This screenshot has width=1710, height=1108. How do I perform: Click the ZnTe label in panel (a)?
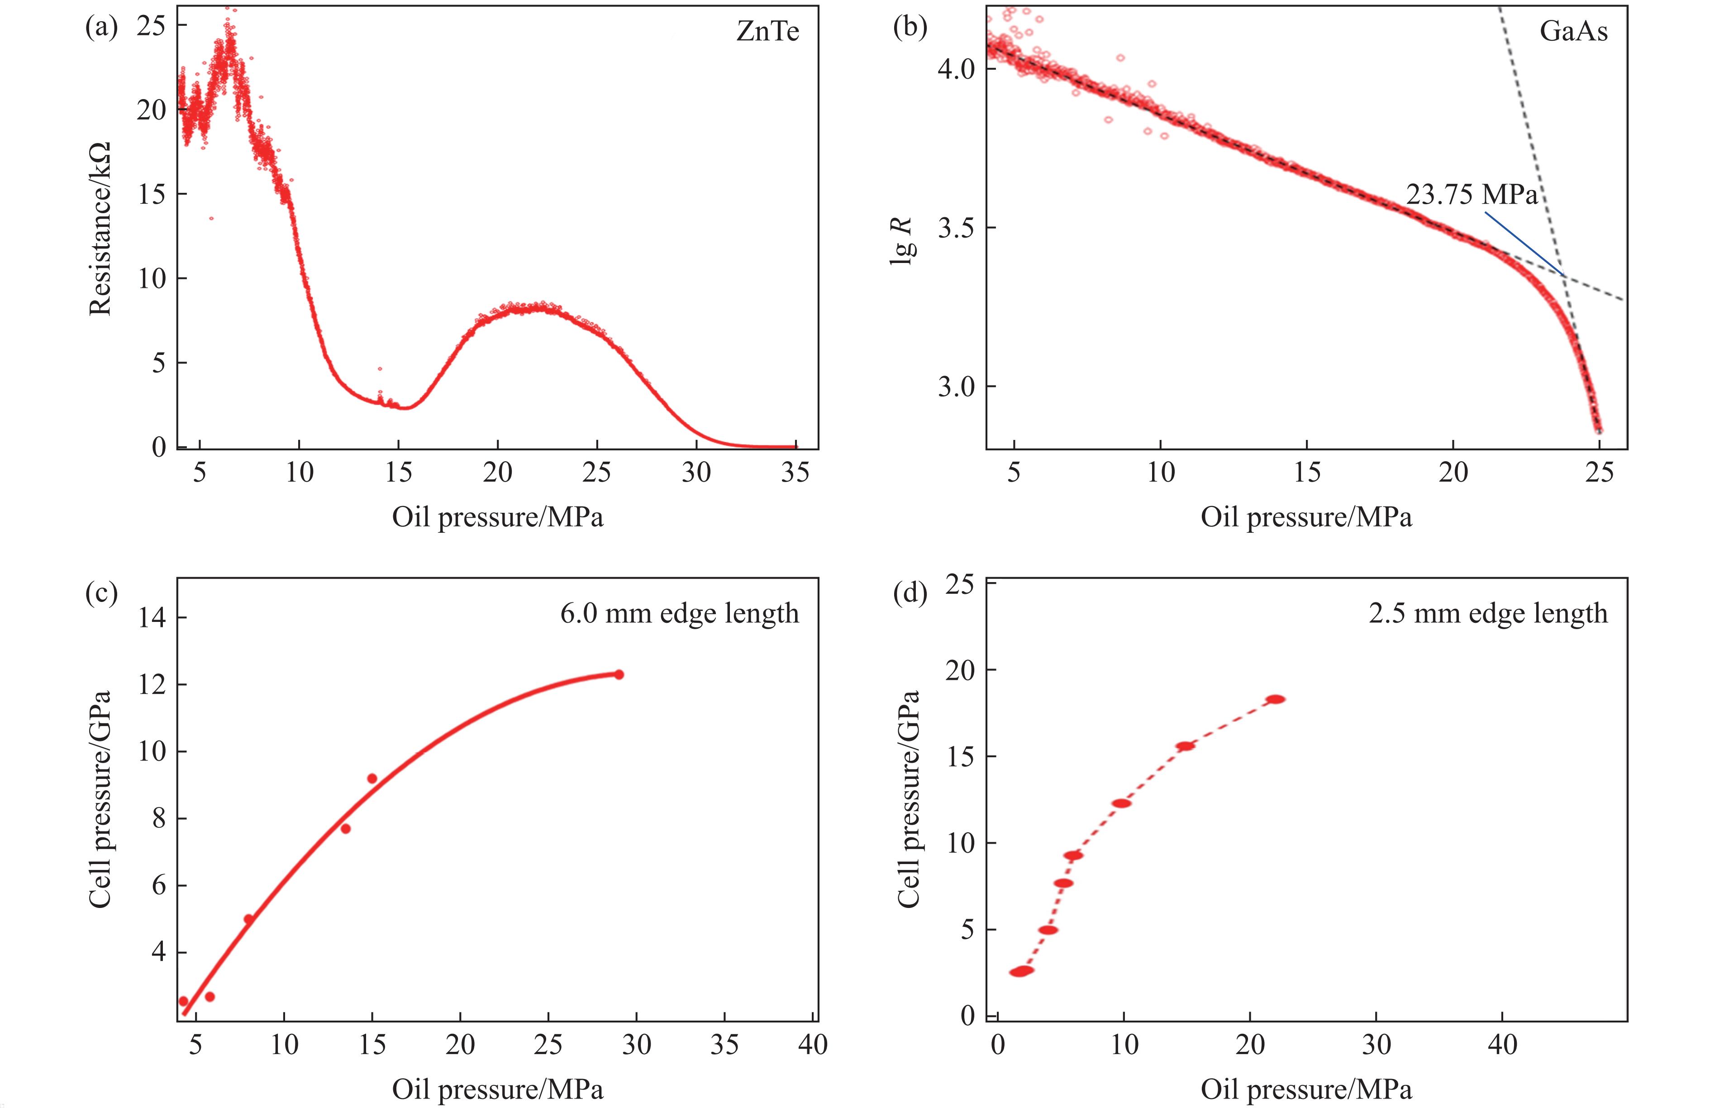767,32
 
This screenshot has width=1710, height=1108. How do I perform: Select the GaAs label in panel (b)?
1573,32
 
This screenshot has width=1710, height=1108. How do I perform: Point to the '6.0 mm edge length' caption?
679,614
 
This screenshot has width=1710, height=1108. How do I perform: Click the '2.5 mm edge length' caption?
1488,614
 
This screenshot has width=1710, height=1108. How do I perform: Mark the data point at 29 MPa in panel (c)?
619,674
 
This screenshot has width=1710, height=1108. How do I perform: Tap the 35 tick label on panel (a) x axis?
795,473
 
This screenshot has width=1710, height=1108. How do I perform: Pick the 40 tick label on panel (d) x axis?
1502,1044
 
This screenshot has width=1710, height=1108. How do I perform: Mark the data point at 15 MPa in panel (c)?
372,778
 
